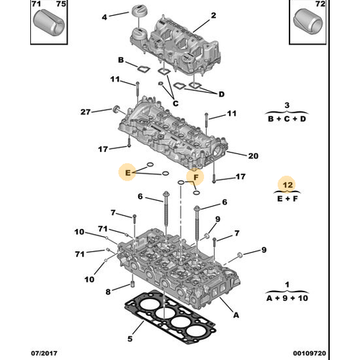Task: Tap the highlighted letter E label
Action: click(127, 172)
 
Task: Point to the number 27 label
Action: click(85, 112)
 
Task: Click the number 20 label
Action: click(253, 156)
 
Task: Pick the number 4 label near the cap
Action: click(104, 17)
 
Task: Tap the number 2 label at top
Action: click(213, 16)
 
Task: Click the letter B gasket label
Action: click(121, 60)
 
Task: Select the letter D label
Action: click(222, 94)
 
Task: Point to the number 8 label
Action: click(109, 292)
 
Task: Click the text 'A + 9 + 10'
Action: click(287, 297)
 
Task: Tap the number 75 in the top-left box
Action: click(60, 4)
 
